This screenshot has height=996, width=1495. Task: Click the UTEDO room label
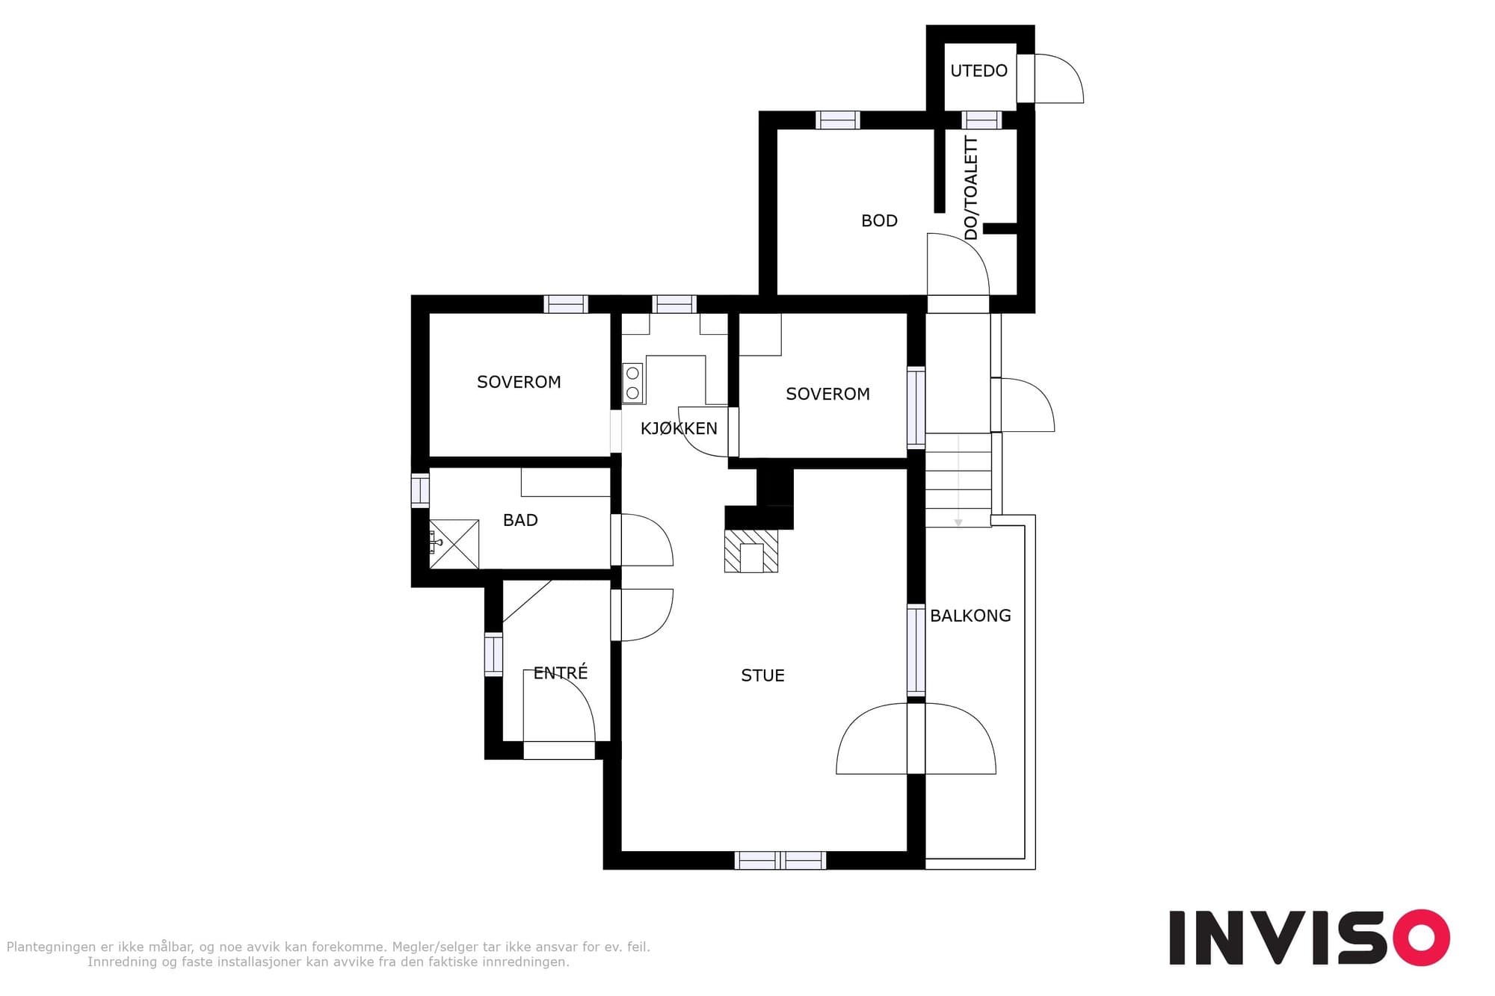pos(978,71)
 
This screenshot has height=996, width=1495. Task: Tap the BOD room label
pos(879,221)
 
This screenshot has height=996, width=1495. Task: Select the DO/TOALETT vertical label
pos(971,188)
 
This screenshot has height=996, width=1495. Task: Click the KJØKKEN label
pos(679,428)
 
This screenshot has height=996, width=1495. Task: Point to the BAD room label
pos(520,520)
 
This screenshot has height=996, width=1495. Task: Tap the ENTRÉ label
pos(561,672)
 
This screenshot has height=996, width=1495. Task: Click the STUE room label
pos(762,675)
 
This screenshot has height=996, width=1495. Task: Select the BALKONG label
pos(970,616)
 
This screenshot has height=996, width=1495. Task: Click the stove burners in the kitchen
pos(633,383)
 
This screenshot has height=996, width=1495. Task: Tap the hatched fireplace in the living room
pos(751,551)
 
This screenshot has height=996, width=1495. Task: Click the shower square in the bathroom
pos(454,544)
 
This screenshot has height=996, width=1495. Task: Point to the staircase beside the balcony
pos(958,480)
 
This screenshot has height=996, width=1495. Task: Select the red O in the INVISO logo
pos(1421,937)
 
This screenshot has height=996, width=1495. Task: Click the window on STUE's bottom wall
pos(780,861)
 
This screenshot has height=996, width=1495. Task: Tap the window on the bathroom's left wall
pos(420,491)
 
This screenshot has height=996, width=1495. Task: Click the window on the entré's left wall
pos(493,655)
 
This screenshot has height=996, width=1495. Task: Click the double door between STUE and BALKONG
pos(916,738)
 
